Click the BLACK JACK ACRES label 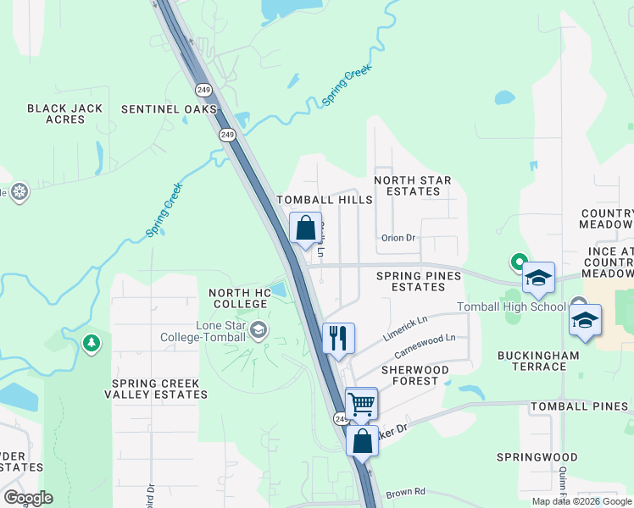[65, 113]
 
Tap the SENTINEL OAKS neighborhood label [169, 109]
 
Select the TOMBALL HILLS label [325, 200]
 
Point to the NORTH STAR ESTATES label [413, 185]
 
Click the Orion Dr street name [398, 238]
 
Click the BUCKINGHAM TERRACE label [532, 361]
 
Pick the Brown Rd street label [404, 493]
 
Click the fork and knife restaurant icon [338, 338]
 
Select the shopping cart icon [361, 404]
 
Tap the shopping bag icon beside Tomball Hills [306, 228]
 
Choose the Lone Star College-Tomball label [207, 331]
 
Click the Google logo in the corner [28, 497]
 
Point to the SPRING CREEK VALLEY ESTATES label [155, 389]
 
